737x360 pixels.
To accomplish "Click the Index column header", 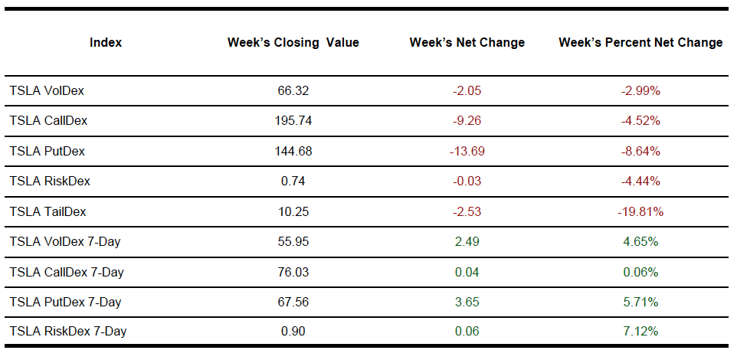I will pos(106,43).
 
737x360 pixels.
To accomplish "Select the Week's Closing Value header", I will pos(293,43).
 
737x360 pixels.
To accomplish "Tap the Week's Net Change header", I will pos(467,43).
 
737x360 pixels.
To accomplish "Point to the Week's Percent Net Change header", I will pos(640,43).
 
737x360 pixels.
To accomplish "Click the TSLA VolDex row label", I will pos(47,90).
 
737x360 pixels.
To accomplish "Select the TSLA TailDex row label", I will pos(47,211).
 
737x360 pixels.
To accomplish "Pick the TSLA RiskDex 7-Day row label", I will pos(68,332).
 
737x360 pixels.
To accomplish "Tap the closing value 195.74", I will pos(293,121).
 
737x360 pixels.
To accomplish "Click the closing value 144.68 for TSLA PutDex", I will pos(293,151).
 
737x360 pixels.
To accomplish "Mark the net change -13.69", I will pos(467,151).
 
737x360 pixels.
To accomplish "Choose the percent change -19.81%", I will pos(640,211).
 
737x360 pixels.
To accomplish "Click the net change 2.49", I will pos(467,242).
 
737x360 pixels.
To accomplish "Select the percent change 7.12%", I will pos(640,332).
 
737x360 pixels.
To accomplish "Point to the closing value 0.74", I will pos(293,182).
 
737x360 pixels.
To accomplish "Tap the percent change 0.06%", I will pos(640,272).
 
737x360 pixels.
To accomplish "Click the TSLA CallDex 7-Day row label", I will pos(67,272).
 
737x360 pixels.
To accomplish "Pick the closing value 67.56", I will pos(293,302).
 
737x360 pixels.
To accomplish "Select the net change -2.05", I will pos(467,90).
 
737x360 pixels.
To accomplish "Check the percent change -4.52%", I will pos(640,121).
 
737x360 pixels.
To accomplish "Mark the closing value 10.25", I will pos(293,211).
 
